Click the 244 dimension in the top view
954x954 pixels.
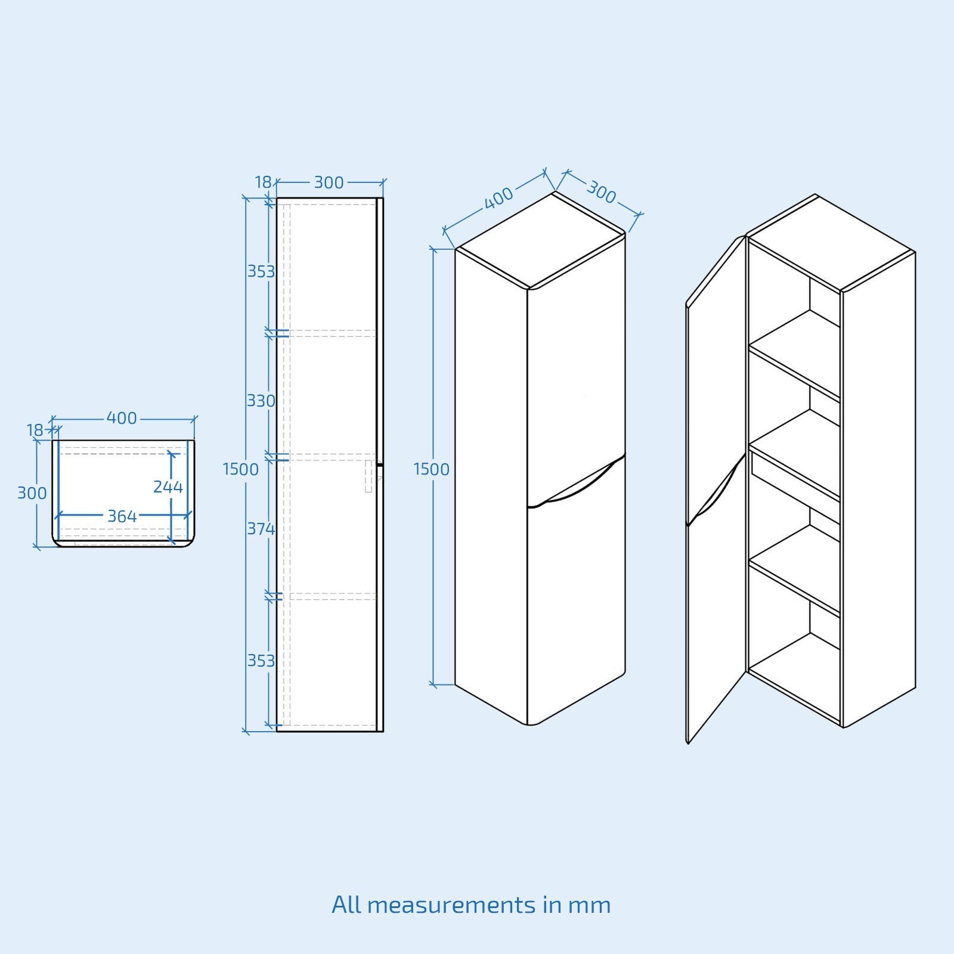(x=168, y=487)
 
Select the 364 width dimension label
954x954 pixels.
(x=122, y=516)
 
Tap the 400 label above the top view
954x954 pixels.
(x=122, y=419)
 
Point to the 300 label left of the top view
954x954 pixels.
(x=32, y=493)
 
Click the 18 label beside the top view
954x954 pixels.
(x=35, y=430)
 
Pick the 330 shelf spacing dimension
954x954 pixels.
(x=261, y=401)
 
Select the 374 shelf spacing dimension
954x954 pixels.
(x=261, y=529)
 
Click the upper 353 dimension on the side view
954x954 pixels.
(x=261, y=271)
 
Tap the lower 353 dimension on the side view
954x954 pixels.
(x=261, y=661)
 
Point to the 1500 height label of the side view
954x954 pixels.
(x=241, y=469)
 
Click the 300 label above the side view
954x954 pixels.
(x=329, y=182)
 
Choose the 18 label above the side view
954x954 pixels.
(x=264, y=182)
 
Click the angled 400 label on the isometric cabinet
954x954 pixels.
(x=498, y=198)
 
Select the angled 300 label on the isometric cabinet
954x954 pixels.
(x=601, y=192)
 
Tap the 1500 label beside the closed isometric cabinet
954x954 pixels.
(x=432, y=469)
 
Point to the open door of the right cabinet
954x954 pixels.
(x=716, y=489)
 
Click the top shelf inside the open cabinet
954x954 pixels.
(x=795, y=353)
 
